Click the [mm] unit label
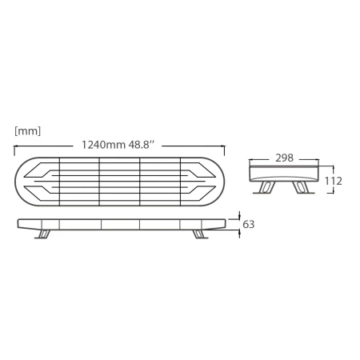pyautogui.click(x=27, y=130)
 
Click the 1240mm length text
pyautogui.click(x=102, y=146)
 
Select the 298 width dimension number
pyautogui.click(x=284, y=158)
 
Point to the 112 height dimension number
pyautogui.click(x=334, y=182)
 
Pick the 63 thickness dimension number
pyautogui.click(x=248, y=225)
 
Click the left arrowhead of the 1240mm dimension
pyautogui.click(x=18, y=147)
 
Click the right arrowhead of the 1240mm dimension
pyautogui.click(x=223, y=147)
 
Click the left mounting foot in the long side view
pyautogui.click(x=45, y=234)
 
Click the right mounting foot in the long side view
pyautogui.click(x=197, y=234)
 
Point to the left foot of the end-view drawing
pyautogui.click(x=264, y=189)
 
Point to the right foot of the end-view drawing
pyautogui.click(x=302, y=189)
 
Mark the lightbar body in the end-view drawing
pyautogui.click(x=284, y=174)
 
